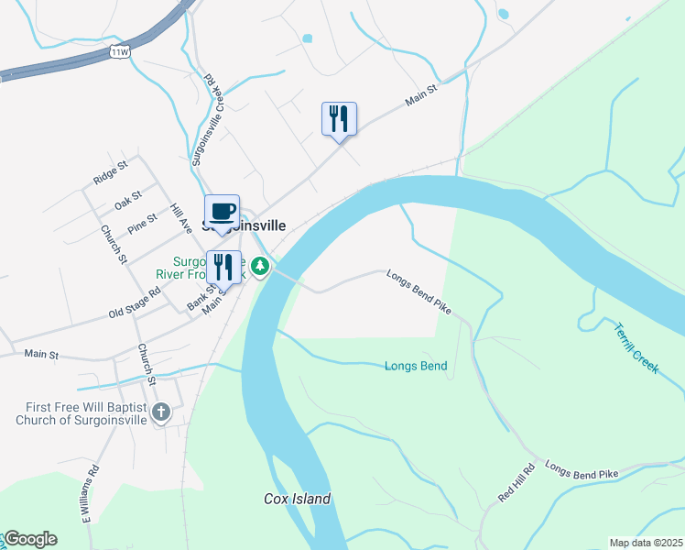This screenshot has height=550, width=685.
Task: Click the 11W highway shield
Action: point(120,51)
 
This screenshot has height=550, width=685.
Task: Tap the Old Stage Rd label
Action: point(135,301)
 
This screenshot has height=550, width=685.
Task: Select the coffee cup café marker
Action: point(222,213)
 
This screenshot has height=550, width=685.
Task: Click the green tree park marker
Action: point(261,267)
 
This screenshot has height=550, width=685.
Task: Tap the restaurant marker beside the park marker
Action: point(223,268)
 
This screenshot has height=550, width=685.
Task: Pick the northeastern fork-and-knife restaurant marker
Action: point(339,119)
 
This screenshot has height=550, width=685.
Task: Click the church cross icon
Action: point(161,412)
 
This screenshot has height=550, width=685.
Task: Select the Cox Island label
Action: point(297,499)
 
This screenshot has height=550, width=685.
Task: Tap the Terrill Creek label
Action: point(636,346)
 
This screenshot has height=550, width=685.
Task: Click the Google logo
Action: point(30,539)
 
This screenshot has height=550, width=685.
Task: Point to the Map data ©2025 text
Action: point(645,543)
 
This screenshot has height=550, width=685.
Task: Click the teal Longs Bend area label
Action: point(416,367)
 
